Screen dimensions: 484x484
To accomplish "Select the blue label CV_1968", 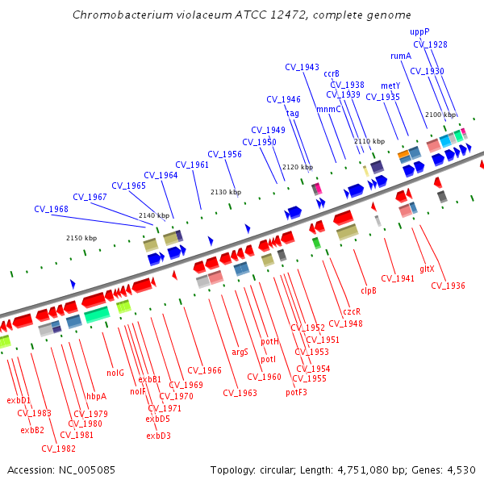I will (x=51, y=209).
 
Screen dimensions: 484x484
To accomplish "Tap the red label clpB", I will (x=369, y=290).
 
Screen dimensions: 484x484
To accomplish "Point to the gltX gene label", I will (x=427, y=269).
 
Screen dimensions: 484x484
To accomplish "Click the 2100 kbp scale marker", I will (x=440, y=115).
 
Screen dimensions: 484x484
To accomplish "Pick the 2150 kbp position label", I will (x=81, y=238).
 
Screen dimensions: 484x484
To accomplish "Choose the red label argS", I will (x=240, y=352).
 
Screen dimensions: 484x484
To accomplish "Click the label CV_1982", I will (x=58, y=449).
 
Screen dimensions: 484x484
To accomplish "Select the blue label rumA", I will (x=401, y=56).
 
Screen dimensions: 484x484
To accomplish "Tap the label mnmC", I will (x=328, y=109).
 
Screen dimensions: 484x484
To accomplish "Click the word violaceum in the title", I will (x=181, y=15).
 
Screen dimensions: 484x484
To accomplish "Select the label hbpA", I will (x=96, y=396).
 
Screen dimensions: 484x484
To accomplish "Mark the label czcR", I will (x=352, y=311).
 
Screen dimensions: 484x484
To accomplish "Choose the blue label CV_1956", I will (x=224, y=154).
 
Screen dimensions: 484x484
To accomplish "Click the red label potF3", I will (x=296, y=393).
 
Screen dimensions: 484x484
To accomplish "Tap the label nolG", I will (x=115, y=373).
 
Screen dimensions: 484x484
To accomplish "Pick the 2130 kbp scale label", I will (x=226, y=192).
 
